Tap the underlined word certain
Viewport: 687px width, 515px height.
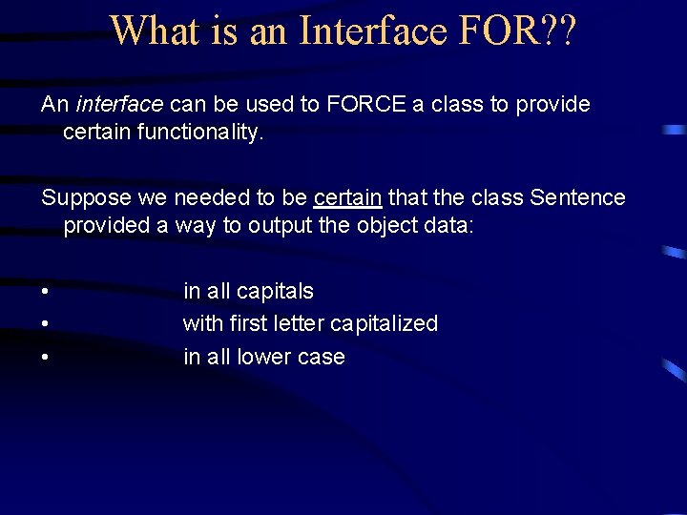coord(347,197)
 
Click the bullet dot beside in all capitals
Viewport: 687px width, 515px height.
coord(45,292)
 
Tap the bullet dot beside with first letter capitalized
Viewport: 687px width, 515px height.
coord(45,324)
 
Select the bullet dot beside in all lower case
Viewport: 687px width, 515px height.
coord(45,358)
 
